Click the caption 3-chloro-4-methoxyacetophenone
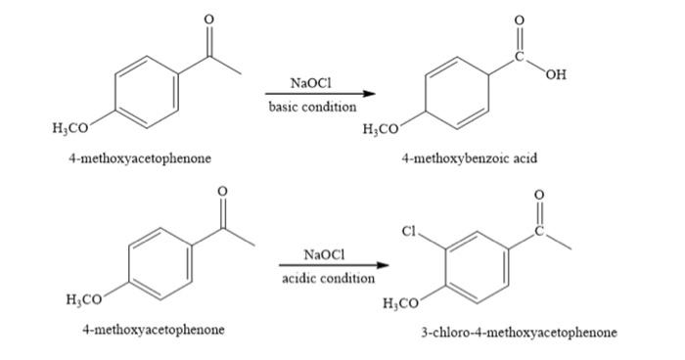click(519, 333)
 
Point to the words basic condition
click(313, 107)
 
